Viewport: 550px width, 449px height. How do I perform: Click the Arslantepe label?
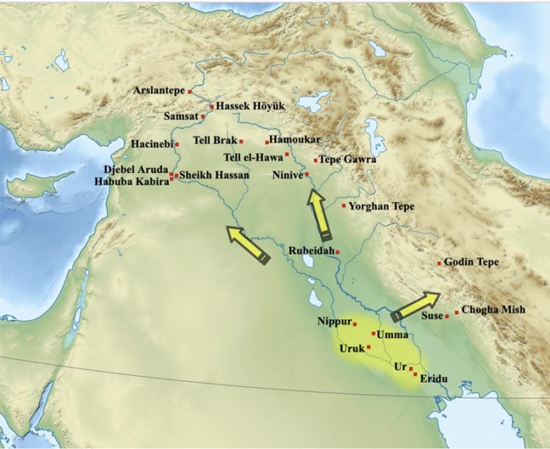click(159, 91)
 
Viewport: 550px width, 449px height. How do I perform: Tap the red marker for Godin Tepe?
click(439, 263)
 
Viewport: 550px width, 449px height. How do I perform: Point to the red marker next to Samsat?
click(203, 116)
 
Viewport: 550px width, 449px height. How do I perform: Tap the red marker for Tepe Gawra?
click(315, 160)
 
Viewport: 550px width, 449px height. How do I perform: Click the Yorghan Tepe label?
click(381, 207)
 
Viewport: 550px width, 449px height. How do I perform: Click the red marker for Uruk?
click(369, 347)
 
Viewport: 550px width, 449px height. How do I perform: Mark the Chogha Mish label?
click(494, 310)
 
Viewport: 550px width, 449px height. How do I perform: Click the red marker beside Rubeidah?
click(337, 252)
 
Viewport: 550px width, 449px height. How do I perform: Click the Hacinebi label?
click(151, 144)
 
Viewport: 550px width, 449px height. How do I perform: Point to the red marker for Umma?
click(373, 333)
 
